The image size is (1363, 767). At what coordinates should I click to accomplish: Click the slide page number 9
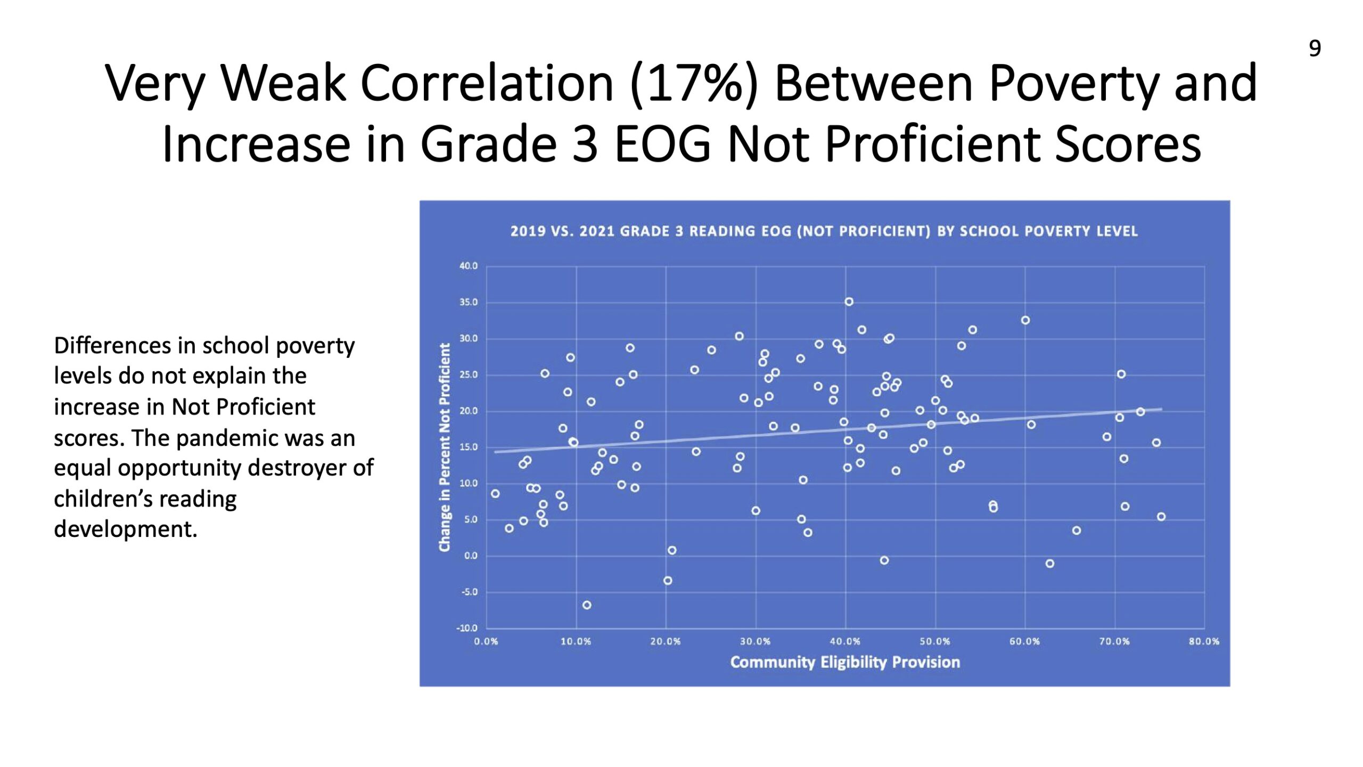(x=1315, y=48)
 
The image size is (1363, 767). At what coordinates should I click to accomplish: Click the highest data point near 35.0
(x=849, y=302)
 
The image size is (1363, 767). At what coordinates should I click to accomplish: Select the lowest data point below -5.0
(x=587, y=605)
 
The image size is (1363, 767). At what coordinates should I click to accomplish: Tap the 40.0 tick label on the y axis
(x=469, y=266)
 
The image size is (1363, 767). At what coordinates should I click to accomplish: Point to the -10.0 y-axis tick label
(x=467, y=628)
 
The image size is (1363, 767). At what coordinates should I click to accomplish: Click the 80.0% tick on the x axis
(x=1204, y=641)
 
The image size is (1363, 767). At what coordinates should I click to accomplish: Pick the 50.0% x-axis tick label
(x=935, y=641)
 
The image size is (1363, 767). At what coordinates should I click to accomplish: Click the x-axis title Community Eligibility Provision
(x=845, y=662)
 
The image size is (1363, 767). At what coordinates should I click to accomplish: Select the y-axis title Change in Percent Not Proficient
(x=445, y=447)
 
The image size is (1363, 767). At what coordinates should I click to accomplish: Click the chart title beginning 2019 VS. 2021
(x=824, y=231)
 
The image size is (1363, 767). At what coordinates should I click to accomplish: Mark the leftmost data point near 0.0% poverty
(x=495, y=494)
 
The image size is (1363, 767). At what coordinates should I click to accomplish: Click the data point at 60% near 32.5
(x=1025, y=320)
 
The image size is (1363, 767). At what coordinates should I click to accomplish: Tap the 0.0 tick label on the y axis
(x=471, y=556)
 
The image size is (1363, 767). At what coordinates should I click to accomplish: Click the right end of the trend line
(x=1162, y=409)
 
